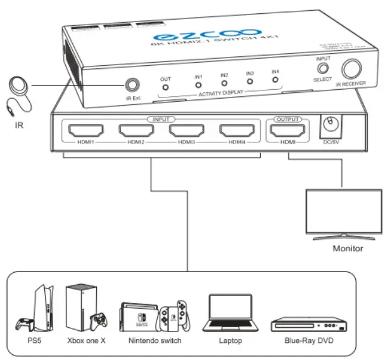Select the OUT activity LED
166,87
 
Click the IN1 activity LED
198,84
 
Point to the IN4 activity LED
275,79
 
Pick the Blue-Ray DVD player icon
310,325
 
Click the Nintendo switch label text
155,341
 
